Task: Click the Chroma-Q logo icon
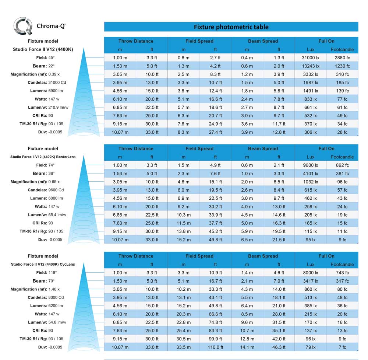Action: coord(23,26)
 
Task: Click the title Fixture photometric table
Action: coord(231,27)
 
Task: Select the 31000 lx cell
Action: coord(311,58)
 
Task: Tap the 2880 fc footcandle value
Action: coord(342,58)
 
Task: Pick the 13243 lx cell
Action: coord(311,66)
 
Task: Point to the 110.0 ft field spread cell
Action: coord(215,347)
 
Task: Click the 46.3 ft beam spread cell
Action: coord(279,347)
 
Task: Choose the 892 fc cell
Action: coord(342,165)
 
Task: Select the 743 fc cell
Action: coord(342,273)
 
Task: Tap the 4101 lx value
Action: coord(311,174)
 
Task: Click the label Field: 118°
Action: coord(47,273)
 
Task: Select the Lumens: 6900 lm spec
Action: coord(47,91)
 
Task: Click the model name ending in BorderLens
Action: coord(43,157)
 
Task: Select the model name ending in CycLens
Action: coord(43,264)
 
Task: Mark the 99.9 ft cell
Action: coord(215,339)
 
